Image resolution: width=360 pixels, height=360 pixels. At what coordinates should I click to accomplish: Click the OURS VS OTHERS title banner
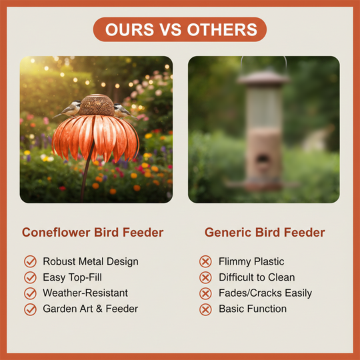pyautogui.click(x=180, y=29)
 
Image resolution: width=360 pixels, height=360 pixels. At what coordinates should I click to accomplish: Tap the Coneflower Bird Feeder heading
pyautogui.click(x=93, y=233)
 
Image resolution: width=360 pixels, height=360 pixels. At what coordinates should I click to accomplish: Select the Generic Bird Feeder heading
pyautogui.click(x=265, y=233)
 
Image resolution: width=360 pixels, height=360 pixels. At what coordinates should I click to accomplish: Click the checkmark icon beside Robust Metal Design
pyautogui.click(x=30, y=261)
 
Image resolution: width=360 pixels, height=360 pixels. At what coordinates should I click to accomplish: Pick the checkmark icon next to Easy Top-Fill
pyautogui.click(x=30, y=277)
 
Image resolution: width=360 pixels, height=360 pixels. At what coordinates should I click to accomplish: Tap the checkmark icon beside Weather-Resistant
pyautogui.click(x=30, y=293)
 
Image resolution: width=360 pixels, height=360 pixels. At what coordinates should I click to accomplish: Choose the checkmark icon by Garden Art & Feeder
pyautogui.click(x=30, y=309)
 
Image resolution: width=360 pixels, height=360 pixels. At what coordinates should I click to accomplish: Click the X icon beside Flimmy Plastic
pyautogui.click(x=206, y=261)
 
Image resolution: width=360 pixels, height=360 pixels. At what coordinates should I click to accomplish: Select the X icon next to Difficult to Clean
pyautogui.click(x=206, y=277)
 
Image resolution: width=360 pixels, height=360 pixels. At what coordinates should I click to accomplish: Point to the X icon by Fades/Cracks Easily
pyautogui.click(x=206, y=293)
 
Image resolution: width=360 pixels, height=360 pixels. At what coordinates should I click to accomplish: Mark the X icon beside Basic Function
pyautogui.click(x=206, y=309)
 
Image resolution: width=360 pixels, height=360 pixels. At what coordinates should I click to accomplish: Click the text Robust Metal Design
pyautogui.click(x=91, y=261)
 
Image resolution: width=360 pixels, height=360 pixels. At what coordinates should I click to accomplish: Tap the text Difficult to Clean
pyautogui.click(x=257, y=277)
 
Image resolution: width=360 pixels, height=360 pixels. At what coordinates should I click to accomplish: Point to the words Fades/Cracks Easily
pyautogui.click(x=265, y=293)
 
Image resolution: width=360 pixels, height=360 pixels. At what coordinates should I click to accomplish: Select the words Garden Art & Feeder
pyautogui.click(x=91, y=309)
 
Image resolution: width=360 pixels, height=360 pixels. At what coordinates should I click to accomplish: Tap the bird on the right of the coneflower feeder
pyautogui.click(x=121, y=109)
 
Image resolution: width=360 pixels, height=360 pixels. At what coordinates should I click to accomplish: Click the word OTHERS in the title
pyautogui.click(x=225, y=29)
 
